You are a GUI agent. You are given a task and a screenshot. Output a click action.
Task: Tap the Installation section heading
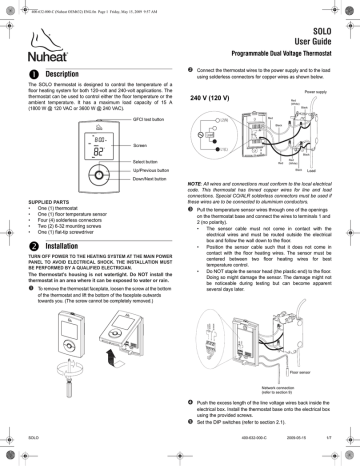point(55,243)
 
